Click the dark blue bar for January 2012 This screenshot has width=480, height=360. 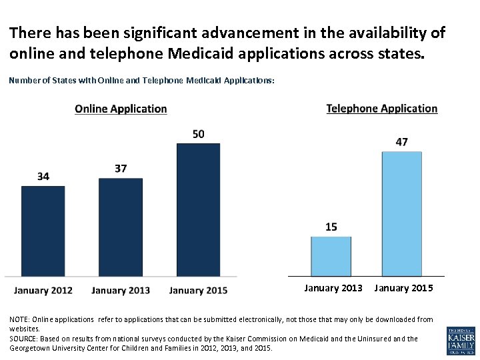43,231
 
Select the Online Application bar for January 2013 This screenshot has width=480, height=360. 121,227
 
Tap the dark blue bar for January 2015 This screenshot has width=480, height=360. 198,209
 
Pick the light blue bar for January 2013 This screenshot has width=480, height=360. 331,256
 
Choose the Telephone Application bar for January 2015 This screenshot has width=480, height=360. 401,213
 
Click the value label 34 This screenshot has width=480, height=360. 43,177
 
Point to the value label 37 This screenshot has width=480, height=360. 121,169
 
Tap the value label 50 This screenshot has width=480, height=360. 198,135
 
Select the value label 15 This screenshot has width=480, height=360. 331,227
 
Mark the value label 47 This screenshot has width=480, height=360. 401,143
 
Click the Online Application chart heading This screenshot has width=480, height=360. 121,109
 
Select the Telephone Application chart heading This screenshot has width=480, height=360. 382,109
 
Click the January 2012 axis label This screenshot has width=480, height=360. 43,291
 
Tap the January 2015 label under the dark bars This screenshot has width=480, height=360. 198,291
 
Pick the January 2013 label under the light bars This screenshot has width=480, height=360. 333,288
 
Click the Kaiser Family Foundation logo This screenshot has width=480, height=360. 461,341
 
